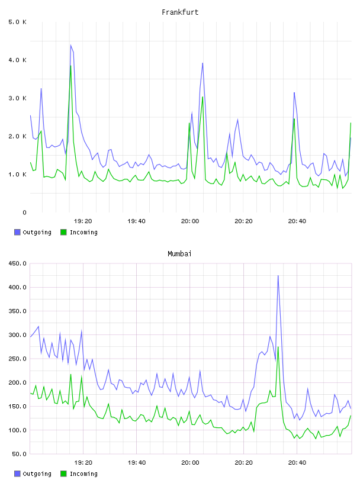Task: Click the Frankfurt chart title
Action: click(180, 12)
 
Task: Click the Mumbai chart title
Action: click(179, 254)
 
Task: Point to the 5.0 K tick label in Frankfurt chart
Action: click(17, 22)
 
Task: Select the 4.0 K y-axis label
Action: click(17, 60)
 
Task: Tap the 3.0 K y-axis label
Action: click(17, 98)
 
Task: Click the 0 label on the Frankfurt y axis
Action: click(24, 212)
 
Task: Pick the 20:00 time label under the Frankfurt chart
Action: click(190, 221)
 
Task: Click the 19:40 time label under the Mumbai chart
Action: click(137, 463)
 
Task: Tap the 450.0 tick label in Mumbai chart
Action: click(17, 263)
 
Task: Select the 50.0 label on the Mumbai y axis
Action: click(19, 454)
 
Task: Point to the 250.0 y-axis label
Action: click(17, 359)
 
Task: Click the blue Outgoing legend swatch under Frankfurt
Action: click(17, 232)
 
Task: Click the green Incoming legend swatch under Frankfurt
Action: click(63, 232)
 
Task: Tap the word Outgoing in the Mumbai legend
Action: click(37, 474)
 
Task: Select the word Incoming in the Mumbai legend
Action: click(83, 474)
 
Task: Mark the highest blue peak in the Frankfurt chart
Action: click(70, 45)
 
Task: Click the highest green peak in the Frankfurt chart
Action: click(70, 66)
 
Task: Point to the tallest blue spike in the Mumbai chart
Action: click(278, 276)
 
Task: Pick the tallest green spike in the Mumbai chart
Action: click(278, 347)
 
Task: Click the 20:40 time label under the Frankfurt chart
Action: click(297, 221)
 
